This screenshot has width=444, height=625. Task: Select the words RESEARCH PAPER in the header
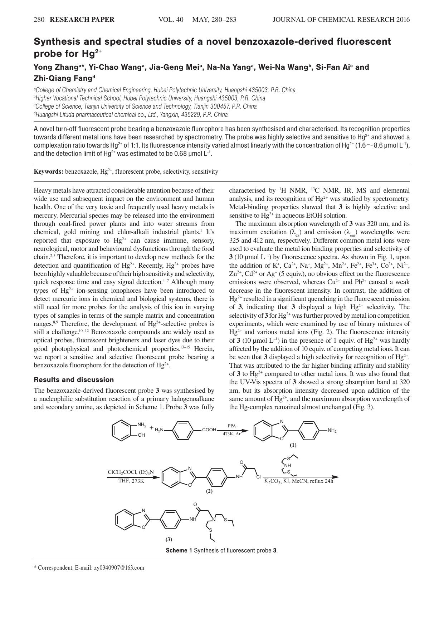point(82,20)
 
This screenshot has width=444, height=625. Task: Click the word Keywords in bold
point(48,172)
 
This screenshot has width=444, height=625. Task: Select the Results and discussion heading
point(74,380)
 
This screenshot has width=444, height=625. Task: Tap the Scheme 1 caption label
point(179,550)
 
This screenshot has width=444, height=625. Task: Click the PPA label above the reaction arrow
point(232,426)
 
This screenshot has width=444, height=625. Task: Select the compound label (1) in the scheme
point(293,445)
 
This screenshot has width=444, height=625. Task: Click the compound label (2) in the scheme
point(209,491)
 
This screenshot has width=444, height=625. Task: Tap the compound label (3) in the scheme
point(169,539)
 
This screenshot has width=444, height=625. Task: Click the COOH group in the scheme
point(209,430)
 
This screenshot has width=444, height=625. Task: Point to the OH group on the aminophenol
point(141,435)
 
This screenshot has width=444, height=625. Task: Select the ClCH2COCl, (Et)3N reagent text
point(131,472)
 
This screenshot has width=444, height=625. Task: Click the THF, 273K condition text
point(131,481)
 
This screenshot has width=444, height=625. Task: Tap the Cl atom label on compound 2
point(259,477)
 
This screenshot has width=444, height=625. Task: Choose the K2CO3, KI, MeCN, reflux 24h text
point(298,481)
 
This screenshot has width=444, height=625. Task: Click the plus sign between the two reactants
point(151,427)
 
